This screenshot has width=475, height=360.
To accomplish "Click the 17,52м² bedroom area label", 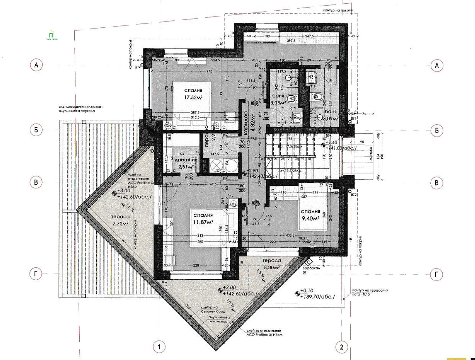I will (x=193, y=98).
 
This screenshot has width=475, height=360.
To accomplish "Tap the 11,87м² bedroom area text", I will (x=203, y=222).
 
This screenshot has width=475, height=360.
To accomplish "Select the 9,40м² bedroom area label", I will (x=310, y=218).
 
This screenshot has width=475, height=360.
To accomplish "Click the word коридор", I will (x=246, y=122).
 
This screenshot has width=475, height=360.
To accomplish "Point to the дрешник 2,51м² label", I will (x=185, y=163).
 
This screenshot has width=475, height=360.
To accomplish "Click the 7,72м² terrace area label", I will (x=120, y=223).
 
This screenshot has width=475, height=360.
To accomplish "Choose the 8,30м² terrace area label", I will (x=271, y=267).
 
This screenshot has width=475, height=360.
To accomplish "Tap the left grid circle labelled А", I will (x=36, y=65).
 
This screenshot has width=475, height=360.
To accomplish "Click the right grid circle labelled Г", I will (x=437, y=274).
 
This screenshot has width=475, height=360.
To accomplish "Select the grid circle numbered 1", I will (x=159, y=347).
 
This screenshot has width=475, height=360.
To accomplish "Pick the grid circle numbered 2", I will (x=341, y=347).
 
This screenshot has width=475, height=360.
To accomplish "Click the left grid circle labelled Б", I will (x=36, y=130).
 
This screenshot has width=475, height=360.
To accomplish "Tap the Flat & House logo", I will (x=52, y=35).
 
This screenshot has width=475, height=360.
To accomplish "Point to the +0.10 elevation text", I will (x=307, y=291).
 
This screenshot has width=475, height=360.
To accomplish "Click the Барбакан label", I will (x=311, y=268).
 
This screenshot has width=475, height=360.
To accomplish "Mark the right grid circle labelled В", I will (x=437, y=183).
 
